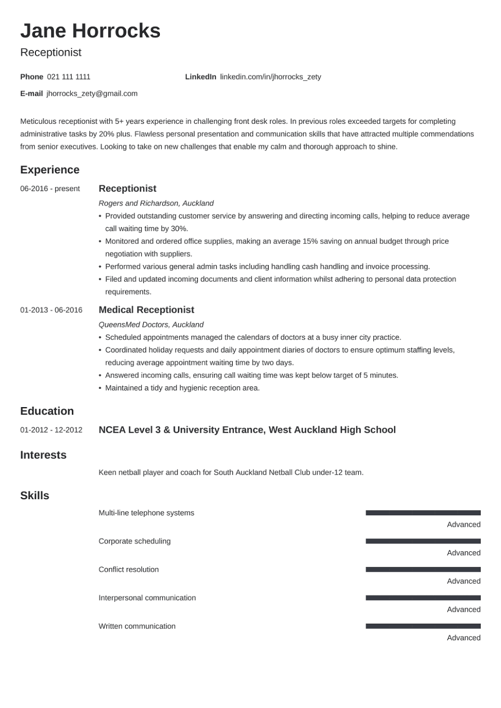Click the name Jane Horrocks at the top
click(x=90, y=31)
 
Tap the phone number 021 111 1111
click(x=68, y=77)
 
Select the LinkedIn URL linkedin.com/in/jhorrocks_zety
click(x=270, y=77)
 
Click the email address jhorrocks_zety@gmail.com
click(x=92, y=94)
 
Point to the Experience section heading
click(x=49, y=170)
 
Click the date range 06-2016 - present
click(x=50, y=189)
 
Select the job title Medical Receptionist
click(x=146, y=310)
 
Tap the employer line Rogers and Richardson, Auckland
click(x=156, y=204)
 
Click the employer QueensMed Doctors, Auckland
click(x=151, y=325)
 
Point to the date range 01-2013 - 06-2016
click(x=51, y=310)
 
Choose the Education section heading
click(x=47, y=411)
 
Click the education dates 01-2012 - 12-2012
click(x=51, y=430)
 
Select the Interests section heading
click(x=43, y=455)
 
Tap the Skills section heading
click(x=34, y=496)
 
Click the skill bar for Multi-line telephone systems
click(x=423, y=513)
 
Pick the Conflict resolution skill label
click(x=129, y=570)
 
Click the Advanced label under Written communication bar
click(x=464, y=638)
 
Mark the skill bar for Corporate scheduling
click(x=423, y=541)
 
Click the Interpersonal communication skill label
click(x=147, y=598)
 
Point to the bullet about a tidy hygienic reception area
click(x=182, y=388)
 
